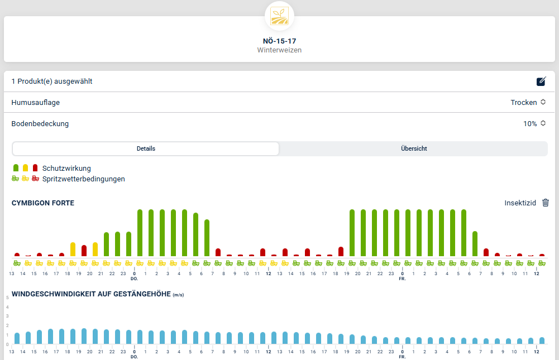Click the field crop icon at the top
coord(279,16)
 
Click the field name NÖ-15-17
coord(279,41)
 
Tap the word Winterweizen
coord(279,50)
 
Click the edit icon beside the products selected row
coord(541,81)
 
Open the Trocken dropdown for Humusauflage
coord(528,103)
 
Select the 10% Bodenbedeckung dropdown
coord(534,124)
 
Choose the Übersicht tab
coord(414,148)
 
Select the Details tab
coord(146,148)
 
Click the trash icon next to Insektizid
coord(546,203)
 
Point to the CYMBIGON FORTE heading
coord(43,203)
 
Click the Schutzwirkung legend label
coord(66,168)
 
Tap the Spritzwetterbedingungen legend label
coord(83,179)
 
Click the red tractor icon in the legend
coord(35,179)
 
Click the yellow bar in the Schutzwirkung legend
coord(25,168)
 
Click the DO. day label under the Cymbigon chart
coord(134,278)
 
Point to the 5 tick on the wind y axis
coord(7,297)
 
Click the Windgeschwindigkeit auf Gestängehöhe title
coord(91,294)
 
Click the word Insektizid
coord(520,203)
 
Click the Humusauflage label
coord(36,103)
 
